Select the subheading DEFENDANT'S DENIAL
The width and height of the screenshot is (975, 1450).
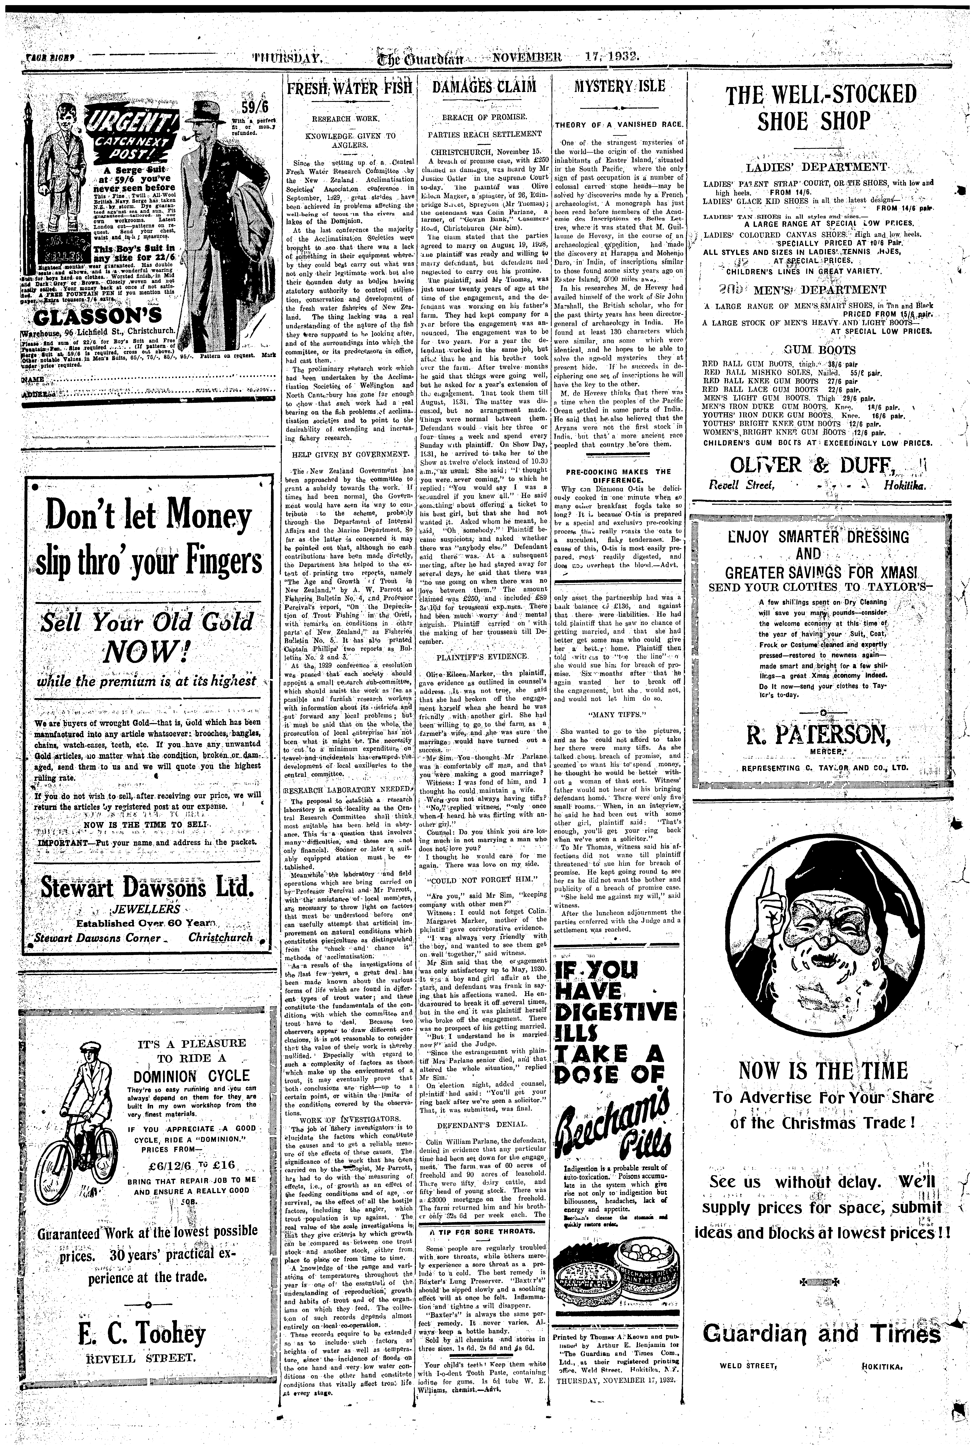pos(482,1124)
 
